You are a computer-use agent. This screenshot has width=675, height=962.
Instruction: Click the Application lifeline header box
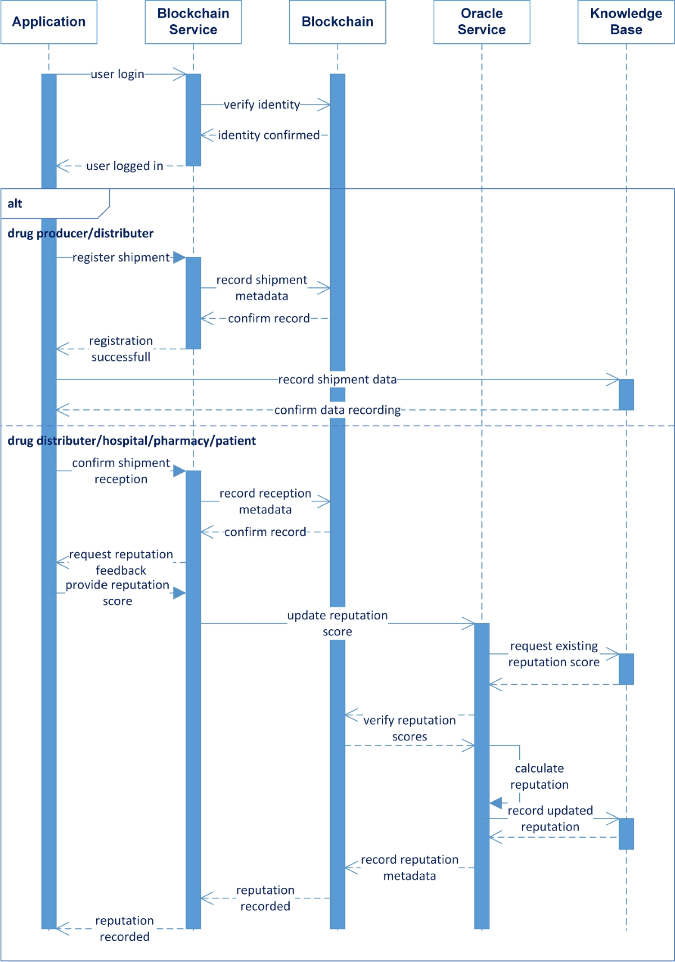(49, 22)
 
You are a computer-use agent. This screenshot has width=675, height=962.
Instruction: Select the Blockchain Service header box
(193, 22)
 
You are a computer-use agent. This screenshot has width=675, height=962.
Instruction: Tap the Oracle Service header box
(481, 22)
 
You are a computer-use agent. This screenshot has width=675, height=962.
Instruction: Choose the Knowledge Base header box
(625, 22)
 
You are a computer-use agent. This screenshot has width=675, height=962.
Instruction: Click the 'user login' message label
(118, 74)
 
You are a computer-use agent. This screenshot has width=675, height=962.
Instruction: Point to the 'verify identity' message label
(262, 105)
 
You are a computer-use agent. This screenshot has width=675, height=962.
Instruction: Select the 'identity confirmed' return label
(268, 135)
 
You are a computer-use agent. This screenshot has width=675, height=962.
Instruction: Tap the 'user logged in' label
(124, 166)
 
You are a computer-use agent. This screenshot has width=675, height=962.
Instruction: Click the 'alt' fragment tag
(15, 204)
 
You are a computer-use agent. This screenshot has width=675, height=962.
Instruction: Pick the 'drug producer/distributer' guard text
(80, 233)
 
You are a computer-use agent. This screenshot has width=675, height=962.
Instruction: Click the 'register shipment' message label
(121, 258)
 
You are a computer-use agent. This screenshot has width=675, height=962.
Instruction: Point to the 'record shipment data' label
(337, 380)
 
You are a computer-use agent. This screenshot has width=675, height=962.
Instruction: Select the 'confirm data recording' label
(337, 410)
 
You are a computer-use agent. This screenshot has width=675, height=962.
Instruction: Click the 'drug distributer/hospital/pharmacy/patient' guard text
(132, 441)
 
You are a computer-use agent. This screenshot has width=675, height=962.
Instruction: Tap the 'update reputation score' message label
(337, 623)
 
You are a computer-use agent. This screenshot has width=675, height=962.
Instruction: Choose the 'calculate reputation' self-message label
(539, 776)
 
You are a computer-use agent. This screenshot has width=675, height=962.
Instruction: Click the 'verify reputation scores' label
(409, 728)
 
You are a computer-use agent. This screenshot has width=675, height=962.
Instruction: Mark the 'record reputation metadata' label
(409, 868)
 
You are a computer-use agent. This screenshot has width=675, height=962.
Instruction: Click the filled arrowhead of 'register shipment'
(179, 258)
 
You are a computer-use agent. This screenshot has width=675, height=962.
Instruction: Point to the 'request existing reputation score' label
(554, 654)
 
